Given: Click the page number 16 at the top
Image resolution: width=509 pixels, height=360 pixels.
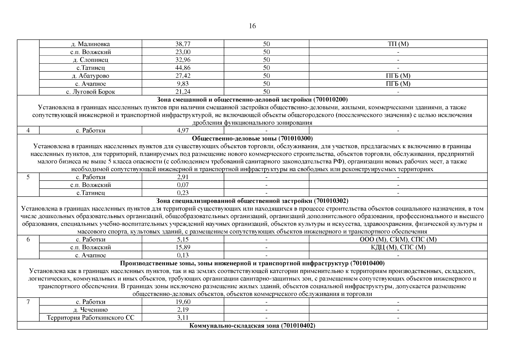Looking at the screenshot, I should (252, 26).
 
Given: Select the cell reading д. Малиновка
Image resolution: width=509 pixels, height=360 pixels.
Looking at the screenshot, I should (90, 44).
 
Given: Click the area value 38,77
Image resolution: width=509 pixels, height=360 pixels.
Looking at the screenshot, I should (183, 44).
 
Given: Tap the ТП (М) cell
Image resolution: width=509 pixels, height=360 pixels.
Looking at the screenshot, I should (398, 44).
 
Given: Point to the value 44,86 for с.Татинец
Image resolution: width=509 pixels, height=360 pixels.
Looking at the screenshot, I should (183, 68).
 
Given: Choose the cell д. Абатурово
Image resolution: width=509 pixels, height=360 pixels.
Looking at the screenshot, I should (90, 76).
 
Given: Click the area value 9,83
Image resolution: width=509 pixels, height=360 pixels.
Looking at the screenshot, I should (183, 84).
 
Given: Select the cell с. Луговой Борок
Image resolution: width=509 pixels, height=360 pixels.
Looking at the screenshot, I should (90, 92).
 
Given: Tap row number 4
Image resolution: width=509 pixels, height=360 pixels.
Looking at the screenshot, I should (28, 130).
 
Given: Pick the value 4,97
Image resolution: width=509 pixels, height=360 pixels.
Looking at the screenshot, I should (183, 130).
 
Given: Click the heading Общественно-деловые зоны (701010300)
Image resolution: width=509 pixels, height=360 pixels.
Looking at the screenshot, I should (252, 138).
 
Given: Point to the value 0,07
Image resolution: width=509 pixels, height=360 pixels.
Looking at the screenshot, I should (183, 185).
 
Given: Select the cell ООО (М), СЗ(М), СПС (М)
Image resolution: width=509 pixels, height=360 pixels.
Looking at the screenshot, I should (398, 239).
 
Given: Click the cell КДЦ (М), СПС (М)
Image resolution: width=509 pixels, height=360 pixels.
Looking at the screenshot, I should (398, 247).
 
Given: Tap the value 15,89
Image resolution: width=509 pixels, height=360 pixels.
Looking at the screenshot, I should (183, 247).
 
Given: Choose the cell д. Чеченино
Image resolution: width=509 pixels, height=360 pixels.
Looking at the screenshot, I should (90, 310).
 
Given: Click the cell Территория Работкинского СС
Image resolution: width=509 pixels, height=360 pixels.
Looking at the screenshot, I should (90, 317).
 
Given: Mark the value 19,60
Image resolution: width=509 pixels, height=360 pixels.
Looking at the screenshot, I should (183, 302).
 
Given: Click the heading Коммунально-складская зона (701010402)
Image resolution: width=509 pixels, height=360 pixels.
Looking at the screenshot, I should (252, 325).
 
